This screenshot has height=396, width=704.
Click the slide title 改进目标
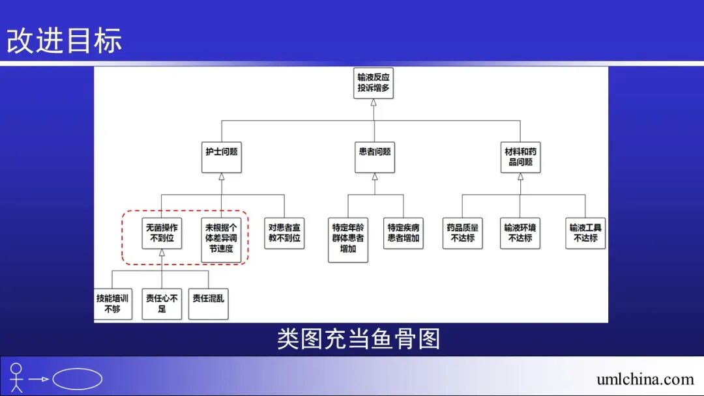[x=65, y=40]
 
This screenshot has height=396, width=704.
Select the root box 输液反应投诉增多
[x=374, y=83]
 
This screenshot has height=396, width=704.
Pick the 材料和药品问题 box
[x=520, y=156]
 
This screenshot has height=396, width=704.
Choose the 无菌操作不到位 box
[x=162, y=233]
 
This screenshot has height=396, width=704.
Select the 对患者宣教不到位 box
[x=284, y=233]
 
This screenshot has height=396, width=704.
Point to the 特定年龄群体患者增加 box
[x=348, y=239]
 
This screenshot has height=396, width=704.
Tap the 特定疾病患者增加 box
[x=403, y=233]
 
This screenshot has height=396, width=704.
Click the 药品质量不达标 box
[x=462, y=233]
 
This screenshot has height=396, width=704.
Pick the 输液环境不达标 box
[x=520, y=233]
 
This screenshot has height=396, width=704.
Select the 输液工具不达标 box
[x=585, y=233]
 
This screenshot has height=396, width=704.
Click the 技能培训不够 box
[x=112, y=304]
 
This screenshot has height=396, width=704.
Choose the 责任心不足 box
[x=162, y=304]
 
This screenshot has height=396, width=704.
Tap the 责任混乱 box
[x=209, y=304]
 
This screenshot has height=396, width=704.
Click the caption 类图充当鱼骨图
[x=358, y=339]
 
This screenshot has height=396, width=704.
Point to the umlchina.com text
[x=645, y=379]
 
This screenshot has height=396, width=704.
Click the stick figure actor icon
[x=16, y=378]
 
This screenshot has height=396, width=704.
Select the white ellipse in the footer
[x=77, y=379]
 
